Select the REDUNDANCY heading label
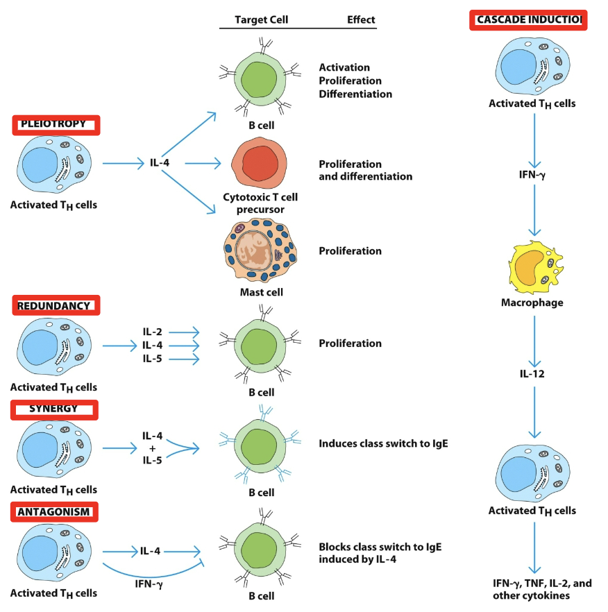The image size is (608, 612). [56, 305]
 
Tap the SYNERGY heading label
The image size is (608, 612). [55, 409]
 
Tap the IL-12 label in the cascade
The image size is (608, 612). [533, 373]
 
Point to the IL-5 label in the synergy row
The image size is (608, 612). [153, 459]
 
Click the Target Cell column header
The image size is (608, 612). [260, 20]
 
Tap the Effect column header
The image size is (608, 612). [361, 20]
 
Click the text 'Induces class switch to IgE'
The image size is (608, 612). [384, 443]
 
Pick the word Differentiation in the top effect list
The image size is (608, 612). [355, 94]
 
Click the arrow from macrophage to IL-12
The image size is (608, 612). [533, 340]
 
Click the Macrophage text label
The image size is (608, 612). [532, 303]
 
